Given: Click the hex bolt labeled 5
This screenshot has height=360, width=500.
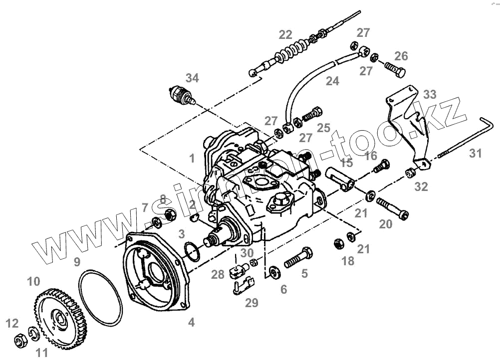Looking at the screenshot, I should pos(298,258).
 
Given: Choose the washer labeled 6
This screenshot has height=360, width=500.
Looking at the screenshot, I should pos(273,272).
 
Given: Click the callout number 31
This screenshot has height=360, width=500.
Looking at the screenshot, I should pos(476,154).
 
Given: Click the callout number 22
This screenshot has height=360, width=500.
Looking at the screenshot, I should pos(285,34).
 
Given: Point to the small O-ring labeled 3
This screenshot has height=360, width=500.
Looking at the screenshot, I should pos(190,251).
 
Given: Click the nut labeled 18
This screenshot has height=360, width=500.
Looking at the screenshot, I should pos(338,244).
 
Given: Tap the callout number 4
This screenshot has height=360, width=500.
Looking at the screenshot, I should pos(191,323).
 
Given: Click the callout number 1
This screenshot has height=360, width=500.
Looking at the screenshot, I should pos(192,159).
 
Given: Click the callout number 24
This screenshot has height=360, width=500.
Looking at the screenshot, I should pos(332,81).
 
